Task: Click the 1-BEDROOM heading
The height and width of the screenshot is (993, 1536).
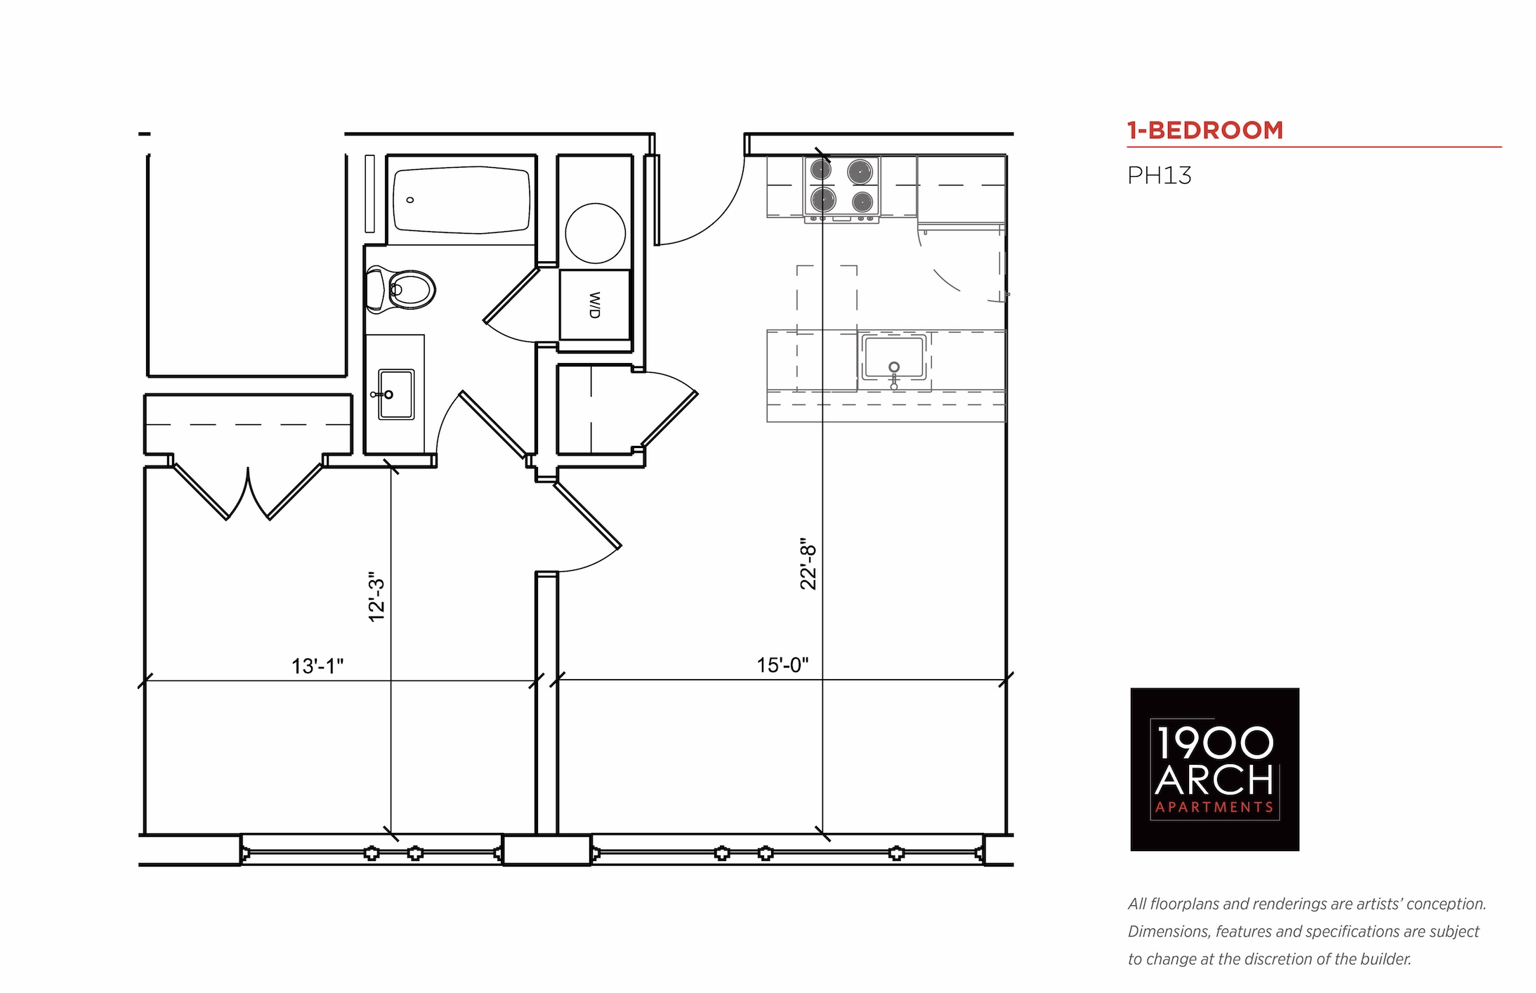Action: point(1204,131)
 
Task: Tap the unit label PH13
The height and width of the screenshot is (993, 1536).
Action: point(1160,176)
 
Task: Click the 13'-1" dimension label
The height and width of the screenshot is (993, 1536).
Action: point(317,666)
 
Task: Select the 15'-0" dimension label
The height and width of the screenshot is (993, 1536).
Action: point(782,664)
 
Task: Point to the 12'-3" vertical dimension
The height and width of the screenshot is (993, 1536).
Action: point(377,596)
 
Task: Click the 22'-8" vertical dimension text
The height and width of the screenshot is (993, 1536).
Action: point(809,564)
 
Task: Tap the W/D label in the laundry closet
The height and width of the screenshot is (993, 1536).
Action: point(594,305)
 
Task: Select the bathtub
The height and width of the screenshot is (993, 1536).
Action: point(461,199)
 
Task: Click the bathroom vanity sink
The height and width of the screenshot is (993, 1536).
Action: point(396,394)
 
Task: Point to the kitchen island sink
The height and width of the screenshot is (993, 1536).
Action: point(894,357)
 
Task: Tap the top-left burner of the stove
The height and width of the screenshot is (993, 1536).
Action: point(821,169)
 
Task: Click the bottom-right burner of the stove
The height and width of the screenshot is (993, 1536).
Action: point(862,202)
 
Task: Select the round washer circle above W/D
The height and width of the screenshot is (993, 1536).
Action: point(596,233)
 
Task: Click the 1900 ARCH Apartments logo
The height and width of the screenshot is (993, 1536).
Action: point(1214,770)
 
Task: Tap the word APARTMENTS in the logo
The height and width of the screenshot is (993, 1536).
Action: point(1214,808)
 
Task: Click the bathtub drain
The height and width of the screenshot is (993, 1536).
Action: point(410,200)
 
